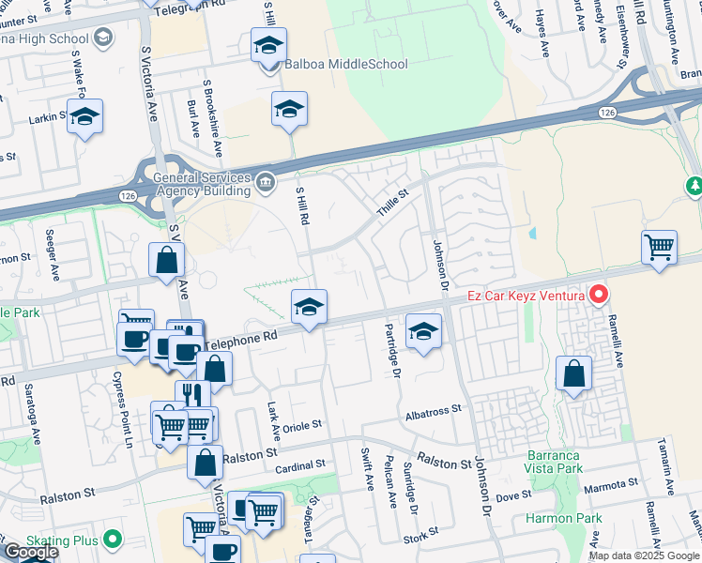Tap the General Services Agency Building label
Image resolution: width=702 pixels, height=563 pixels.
pos(197,184)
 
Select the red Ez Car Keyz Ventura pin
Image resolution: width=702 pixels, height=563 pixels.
pos(598,296)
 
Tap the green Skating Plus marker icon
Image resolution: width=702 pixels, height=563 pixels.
pos(114,539)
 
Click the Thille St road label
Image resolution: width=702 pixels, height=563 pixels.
pos(393,193)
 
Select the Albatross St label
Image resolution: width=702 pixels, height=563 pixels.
pos(435,410)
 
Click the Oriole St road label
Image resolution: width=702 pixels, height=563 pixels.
pos(296,423)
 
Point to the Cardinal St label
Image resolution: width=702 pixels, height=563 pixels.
pos(300,464)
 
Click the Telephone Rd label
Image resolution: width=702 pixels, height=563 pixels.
pos(244,339)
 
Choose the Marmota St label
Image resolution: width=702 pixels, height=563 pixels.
pos(611,485)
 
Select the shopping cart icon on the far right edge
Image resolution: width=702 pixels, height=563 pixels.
pos(660,248)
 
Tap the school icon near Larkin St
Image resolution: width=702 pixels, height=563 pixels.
pos(84,116)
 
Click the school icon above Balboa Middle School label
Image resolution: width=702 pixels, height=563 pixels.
pos(268,45)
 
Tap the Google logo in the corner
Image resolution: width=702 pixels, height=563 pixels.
pos(30,552)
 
